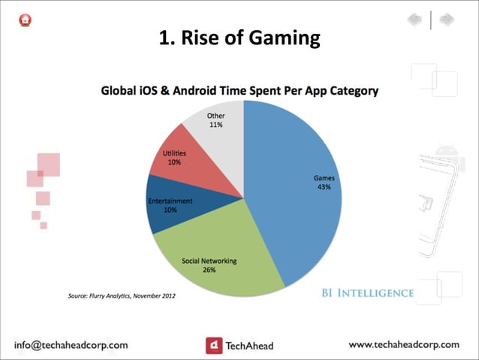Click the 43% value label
click(x=324, y=187)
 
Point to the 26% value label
click(x=209, y=270)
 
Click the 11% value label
click(x=216, y=125)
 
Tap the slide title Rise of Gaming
click(x=239, y=37)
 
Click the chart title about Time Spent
click(x=239, y=91)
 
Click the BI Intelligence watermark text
click(x=363, y=292)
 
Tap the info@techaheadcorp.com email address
click(x=72, y=345)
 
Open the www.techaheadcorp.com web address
click(x=404, y=344)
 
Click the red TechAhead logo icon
click(x=214, y=345)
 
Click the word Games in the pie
click(x=324, y=178)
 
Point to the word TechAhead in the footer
click(x=250, y=346)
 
